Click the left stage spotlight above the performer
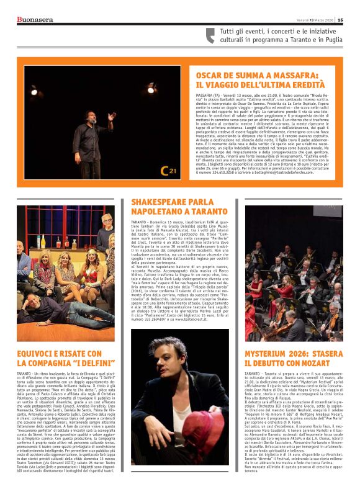tap(35, 89)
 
